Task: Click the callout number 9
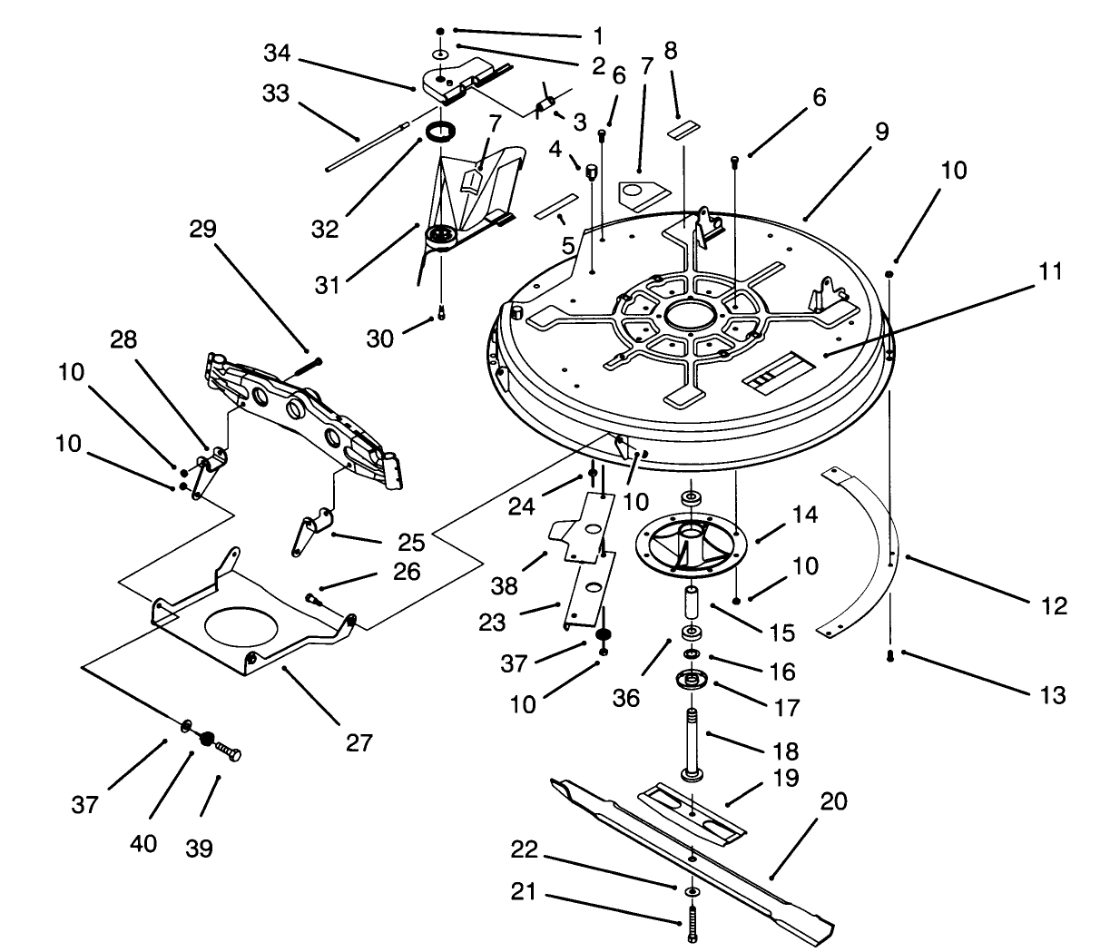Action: (881, 132)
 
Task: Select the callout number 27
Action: (359, 742)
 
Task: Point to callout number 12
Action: (1053, 605)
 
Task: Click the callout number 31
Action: (328, 284)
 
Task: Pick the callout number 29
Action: (202, 229)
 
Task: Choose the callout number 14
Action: (804, 515)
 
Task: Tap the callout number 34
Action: (277, 54)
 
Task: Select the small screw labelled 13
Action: (891, 653)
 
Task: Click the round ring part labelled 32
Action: (442, 132)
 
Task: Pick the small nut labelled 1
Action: (441, 32)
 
